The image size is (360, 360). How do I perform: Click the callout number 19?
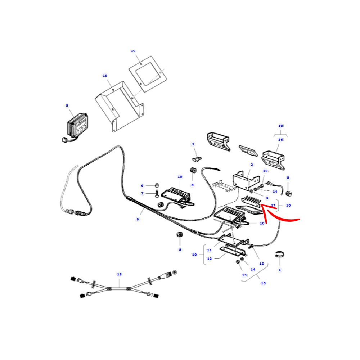tap(105, 76)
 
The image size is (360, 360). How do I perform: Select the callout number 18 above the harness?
tap(119, 274)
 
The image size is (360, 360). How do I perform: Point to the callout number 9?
tap(138, 219)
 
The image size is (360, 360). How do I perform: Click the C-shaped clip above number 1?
tap(280, 254)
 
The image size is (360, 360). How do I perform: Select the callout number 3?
tap(193, 144)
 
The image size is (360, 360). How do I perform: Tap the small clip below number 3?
tap(196, 158)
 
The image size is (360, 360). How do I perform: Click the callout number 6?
tap(142, 186)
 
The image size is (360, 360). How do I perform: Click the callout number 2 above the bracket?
tap(252, 165)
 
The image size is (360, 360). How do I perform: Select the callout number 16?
tap(280, 140)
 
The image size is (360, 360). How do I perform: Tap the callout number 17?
tap(273, 206)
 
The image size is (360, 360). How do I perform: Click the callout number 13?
tap(244, 275)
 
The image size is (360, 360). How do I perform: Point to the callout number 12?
tap(209, 258)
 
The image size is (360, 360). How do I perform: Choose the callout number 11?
tap(209, 250)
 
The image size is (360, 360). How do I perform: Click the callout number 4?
tap(267, 198)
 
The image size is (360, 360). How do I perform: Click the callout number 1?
tap(280, 270)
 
